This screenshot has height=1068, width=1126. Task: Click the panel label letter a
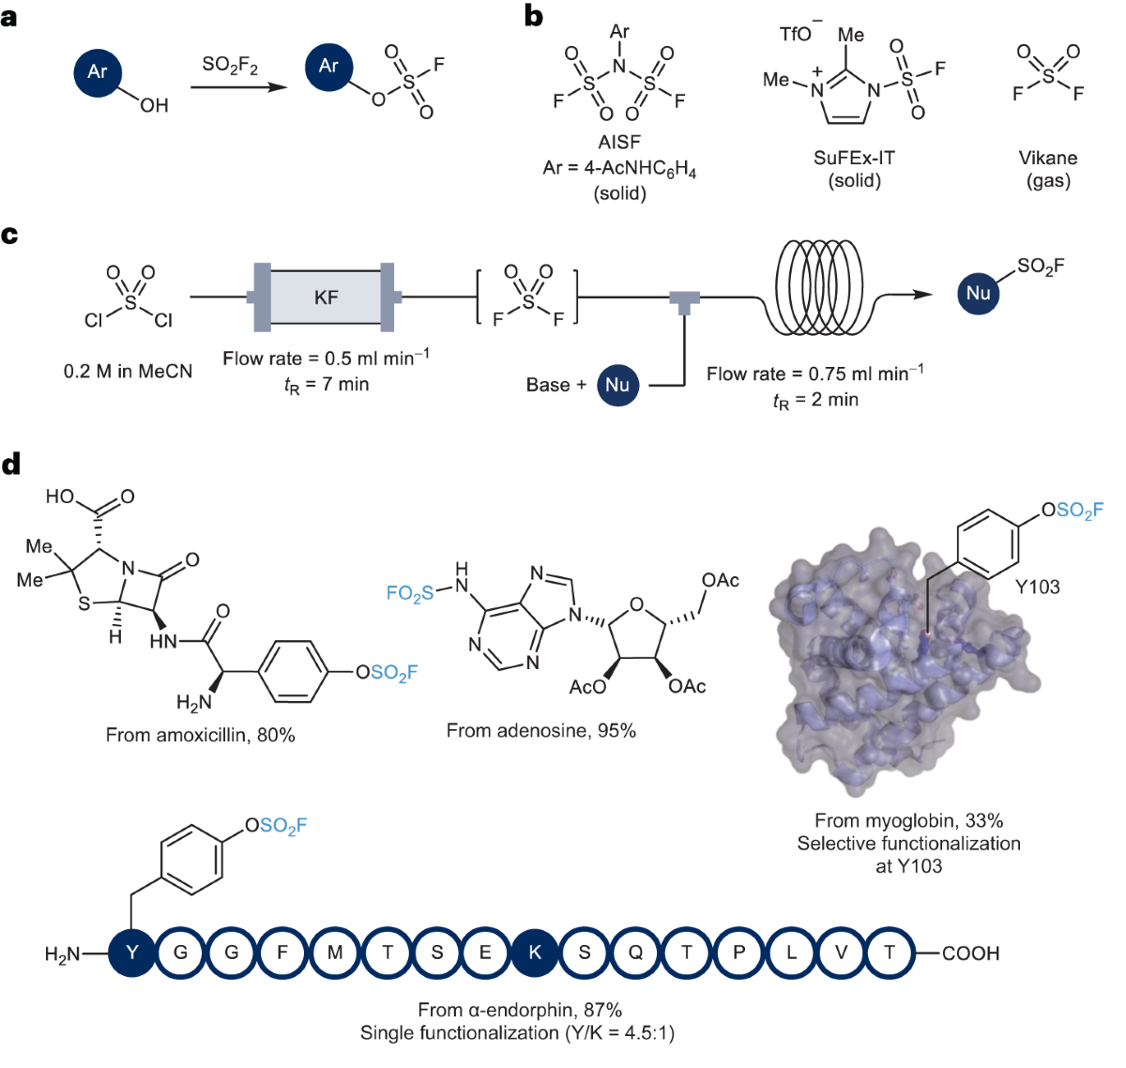pos(9,16)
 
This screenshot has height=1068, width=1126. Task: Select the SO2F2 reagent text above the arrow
pos(230,65)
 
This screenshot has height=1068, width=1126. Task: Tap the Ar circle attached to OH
pos(98,72)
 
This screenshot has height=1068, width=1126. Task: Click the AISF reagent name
pos(619,143)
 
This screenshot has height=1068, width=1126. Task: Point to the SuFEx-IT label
pos(854,158)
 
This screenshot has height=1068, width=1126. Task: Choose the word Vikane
pos(1048,158)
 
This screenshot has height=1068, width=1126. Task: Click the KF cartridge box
pos(326,298)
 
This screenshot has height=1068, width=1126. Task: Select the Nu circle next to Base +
pos(616,385)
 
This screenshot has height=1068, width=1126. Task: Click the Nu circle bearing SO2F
pos(979,293)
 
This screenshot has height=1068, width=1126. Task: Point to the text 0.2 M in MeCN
pos(128,372)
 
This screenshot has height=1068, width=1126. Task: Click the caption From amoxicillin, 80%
pos(200,735)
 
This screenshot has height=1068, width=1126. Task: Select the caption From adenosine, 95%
pos(540,730)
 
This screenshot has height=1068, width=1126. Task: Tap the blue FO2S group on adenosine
pos(410,593)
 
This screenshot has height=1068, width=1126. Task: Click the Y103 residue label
pos(1038,587)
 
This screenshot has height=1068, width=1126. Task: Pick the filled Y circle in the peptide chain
pos(131,953)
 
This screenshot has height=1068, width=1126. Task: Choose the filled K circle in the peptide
pos(535,953)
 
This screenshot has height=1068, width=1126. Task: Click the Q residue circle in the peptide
pos(635,953)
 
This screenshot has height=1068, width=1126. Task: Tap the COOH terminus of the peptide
pos(970,954)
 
